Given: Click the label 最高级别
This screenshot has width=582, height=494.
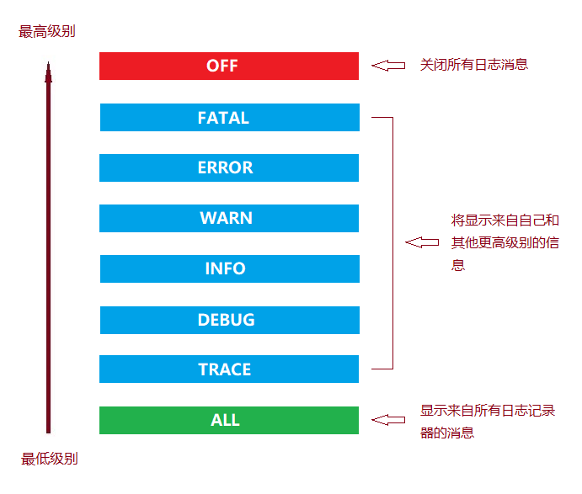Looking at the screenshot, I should pos(47,32).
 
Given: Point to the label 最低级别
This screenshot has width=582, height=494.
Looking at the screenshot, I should pos(50,459).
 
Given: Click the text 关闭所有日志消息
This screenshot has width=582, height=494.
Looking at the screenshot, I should pos(474,64).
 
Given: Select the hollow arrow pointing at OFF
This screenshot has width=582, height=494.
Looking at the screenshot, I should pos(388,65).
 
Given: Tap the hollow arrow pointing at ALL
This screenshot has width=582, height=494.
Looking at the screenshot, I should pos(388,419).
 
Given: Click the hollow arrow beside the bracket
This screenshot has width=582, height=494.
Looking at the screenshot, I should pos(422,242).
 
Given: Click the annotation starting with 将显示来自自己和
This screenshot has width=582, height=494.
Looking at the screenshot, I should pos(505,242).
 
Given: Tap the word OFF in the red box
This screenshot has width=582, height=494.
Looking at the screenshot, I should pos(222,66).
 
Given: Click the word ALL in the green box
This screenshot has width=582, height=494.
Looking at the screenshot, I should pos(225,420).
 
